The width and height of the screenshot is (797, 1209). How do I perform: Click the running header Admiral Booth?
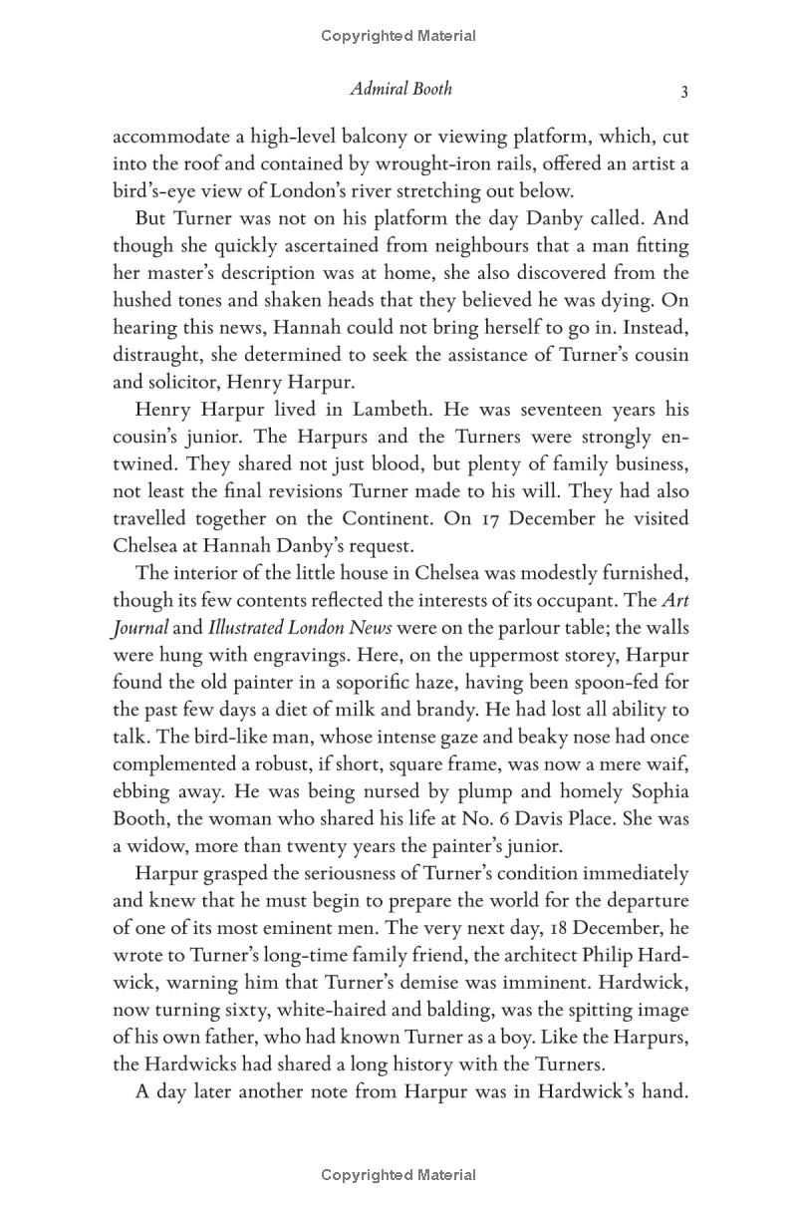(400, 89)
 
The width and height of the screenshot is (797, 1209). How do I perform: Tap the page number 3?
(684, 91)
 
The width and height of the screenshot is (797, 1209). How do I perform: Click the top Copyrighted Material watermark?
(398, 36)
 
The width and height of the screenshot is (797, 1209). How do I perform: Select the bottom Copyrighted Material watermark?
(398, 1175)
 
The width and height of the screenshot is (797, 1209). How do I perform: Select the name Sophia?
(655, 791)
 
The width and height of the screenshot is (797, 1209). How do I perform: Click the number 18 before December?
(526, 928)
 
